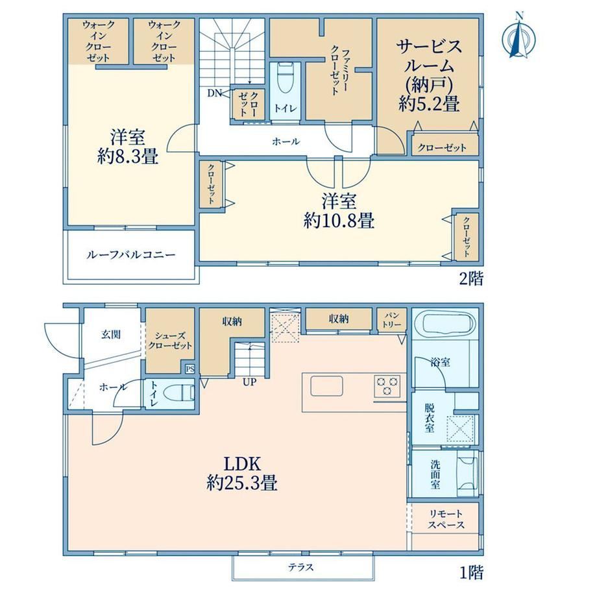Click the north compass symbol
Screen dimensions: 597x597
(x=518, y=36)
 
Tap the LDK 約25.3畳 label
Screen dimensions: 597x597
(x=242, y=474)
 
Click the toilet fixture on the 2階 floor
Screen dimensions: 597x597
(x=285, y=78)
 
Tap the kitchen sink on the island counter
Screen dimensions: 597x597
(x=326, y=386)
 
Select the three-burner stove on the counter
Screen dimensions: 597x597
(x=387, y=385)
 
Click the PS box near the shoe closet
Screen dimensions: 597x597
(x=190, y=369)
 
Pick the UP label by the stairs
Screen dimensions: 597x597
(x=250, y=382)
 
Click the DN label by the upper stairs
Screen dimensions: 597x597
(x=214, y=93)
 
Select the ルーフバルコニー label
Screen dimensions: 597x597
(x=131, y=255)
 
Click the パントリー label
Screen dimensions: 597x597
(x=392, y=320)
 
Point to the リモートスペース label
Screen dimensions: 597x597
(x=446, y=519)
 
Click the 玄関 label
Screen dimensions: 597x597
(x=111, y=334)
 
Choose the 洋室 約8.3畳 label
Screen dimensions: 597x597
(x=128, y=147)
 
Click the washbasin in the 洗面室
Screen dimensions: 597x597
(x=467, y=473)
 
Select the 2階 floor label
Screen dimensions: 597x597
(x=471, y=279)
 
